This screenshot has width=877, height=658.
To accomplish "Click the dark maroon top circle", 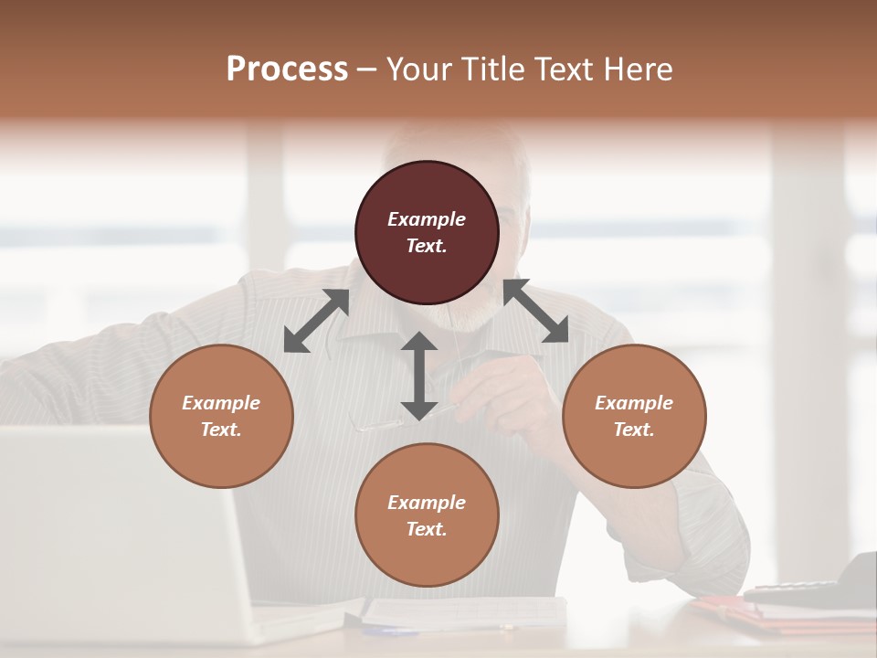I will pos(427,232).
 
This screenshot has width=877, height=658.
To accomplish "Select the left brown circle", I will pos(221,416).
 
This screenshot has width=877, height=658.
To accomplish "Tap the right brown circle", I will pos(633,416).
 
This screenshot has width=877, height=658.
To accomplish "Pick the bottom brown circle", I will pos(427,515).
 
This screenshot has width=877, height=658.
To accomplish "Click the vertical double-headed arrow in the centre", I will pos(419,376).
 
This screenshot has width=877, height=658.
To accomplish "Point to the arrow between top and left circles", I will pos(316,321).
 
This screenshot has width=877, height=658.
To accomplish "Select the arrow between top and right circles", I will pos(535,311).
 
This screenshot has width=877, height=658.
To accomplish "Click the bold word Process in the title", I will pos(287,69).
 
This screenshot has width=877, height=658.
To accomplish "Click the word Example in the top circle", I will pos(427,219).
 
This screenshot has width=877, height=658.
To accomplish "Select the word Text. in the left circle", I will pos(221,430).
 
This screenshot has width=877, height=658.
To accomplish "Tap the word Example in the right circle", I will pos(633,403).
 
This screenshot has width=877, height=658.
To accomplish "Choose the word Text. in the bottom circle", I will pos(427,529).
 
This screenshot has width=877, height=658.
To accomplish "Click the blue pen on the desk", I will pos(393,631).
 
